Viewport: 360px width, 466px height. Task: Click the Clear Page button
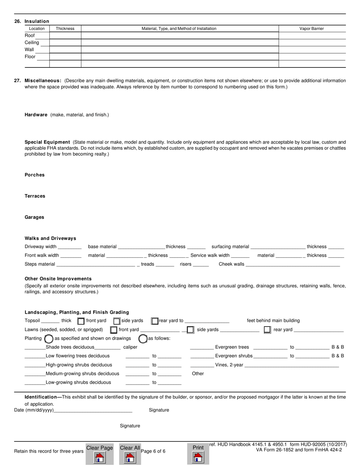tap(99, 453)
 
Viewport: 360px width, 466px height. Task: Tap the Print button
tap(198, 453)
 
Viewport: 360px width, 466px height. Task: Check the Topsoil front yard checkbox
tap(81, 321)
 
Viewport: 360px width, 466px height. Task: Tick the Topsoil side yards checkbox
tap(117, 321)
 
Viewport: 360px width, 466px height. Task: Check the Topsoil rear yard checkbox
tap(155, 321)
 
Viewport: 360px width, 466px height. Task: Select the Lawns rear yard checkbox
tap(267, 330)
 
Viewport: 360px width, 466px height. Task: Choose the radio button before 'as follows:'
tap(143, 339)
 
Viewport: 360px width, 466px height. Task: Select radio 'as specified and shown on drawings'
tap(49, 339)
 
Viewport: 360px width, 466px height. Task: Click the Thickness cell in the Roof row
tap(65, 36)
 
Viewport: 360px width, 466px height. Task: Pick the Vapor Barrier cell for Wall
tap(312, 50)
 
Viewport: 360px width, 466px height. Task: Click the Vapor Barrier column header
tap(311, 28)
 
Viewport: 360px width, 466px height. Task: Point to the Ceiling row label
tap(32, 42)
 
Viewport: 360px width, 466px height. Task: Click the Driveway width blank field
tap(70, 247)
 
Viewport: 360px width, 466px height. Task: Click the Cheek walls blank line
tap(293, 264)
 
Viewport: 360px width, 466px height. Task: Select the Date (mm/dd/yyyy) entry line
tap(93, 410)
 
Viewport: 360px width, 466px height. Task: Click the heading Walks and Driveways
tap(50, 238)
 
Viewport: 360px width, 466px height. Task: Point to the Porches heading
tap(34, 175)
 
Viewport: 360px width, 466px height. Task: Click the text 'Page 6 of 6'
tap(153, 451)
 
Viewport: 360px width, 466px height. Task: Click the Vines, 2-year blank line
tap(292, 365)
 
